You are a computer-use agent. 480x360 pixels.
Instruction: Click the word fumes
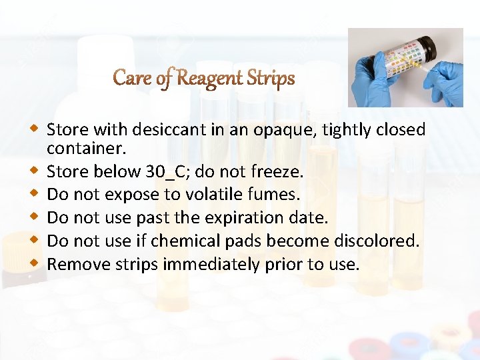[276, 194]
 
